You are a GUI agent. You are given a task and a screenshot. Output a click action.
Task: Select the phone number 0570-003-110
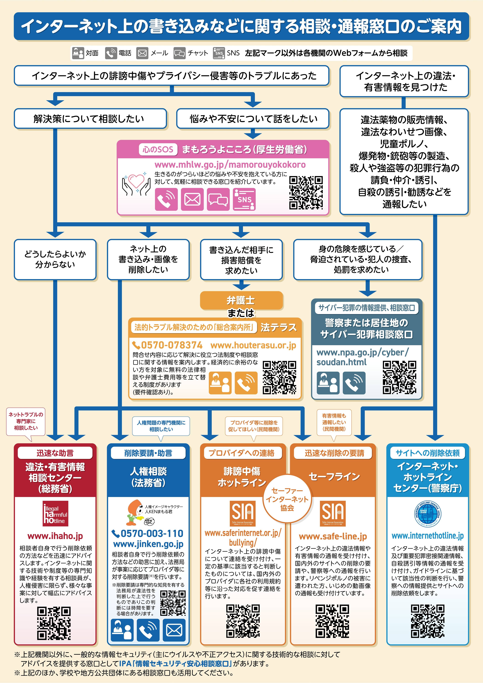click(x=148, y=533)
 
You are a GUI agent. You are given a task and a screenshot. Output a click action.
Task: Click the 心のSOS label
click(x=158, y=149)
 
